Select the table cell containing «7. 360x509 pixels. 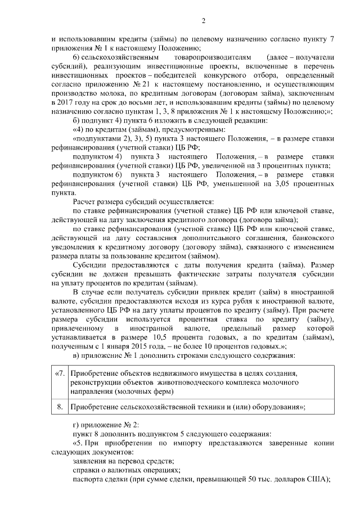coord(58,375)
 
